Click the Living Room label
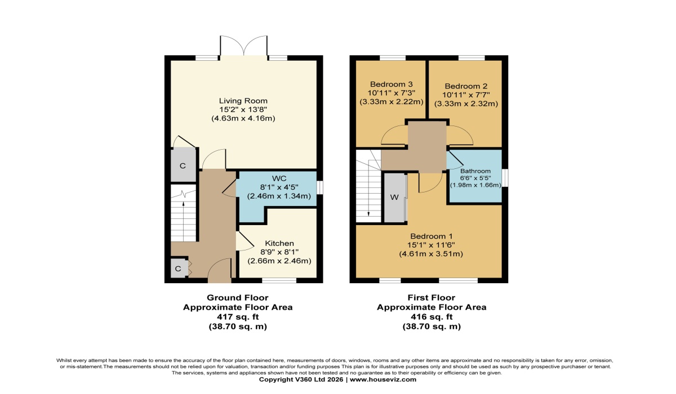coord(243,101)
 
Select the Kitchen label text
coord(279,243)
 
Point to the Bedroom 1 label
coord(431,236)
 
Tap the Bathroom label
coord(475,171)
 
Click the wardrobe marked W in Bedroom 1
coord(394,198)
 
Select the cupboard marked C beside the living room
coord(183,166)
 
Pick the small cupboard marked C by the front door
coord(178,269)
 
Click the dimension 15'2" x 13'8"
coord(243,110)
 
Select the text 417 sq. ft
coord(237,317)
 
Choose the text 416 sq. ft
coord(431,317)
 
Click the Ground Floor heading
coord(237,298)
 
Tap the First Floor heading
coord(431,298)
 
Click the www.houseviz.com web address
coord(385,379)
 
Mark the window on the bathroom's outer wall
coord(505,178)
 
